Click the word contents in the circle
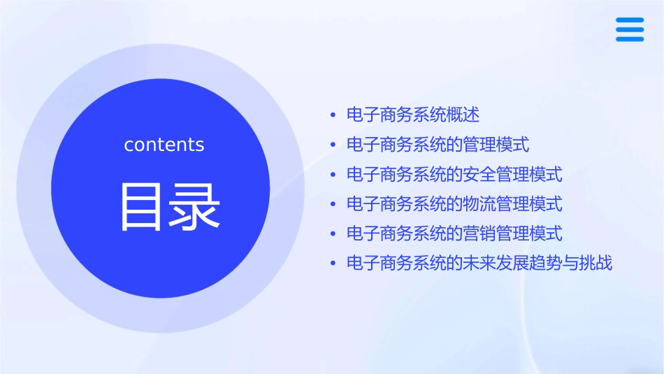[164, 145]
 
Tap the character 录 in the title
[194, 207]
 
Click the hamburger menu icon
[630, 29]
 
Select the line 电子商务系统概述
[413, 115]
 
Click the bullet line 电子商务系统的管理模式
[438, 145]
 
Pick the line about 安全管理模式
[454, 174]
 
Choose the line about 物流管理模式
[454, 204]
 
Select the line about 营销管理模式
[454, 233]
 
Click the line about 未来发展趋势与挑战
[479, 264]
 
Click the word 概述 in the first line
[463, 115]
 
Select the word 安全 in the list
[479, 174]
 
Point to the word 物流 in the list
[479, 204]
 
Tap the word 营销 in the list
[479, 233]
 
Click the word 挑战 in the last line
[596, 264]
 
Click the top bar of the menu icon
[630, 20]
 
